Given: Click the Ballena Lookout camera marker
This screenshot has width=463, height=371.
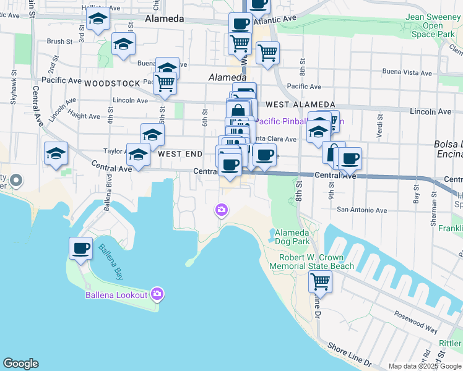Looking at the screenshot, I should click(x=157, y=294).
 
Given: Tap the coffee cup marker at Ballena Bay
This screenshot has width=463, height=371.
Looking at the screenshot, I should click(x=80, y=249).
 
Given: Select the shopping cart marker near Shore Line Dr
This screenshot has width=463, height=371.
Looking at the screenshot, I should click(x=320, y=282).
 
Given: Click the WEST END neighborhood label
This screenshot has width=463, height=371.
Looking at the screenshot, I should click(x=180, y=153).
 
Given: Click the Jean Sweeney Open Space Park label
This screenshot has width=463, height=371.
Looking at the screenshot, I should click(x=433, y=26).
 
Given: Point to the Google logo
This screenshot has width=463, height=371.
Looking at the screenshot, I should click(x=20, y=364).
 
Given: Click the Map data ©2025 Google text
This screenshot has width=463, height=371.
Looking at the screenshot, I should click(x=425, y=366).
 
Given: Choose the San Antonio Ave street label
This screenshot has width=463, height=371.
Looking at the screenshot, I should click(x=361, y=210).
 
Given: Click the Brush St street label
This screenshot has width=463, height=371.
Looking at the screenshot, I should click(x=60, y=42).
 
